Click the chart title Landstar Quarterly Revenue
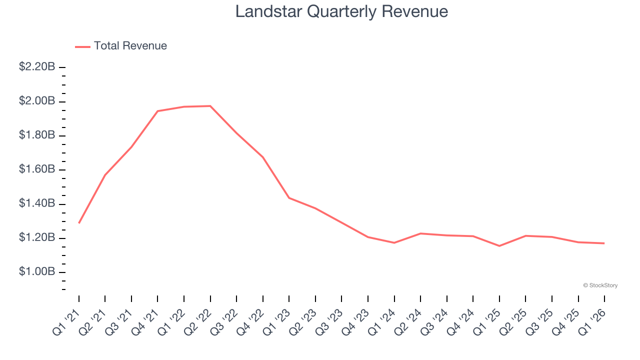click(x=341, y=11)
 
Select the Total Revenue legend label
click(x=130, y=46)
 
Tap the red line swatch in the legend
click(x=82, y=46)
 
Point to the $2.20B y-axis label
click(x=37, y=66)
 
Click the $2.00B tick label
click(x=37, y=101)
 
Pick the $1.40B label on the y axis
click(x=37, y=203)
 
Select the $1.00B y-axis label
click(x=37, y=272)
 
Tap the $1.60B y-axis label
click(x=37, y=169)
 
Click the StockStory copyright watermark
click(x=600, y=285)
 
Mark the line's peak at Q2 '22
click(x=210, y=106)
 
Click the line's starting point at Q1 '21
click(x=79, y=223)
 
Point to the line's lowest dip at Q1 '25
click(x=499, y=246)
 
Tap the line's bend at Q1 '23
click(x=289, y=198)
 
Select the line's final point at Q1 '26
click(x=604, y=243)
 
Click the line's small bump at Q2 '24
click(x=420, y=233)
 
